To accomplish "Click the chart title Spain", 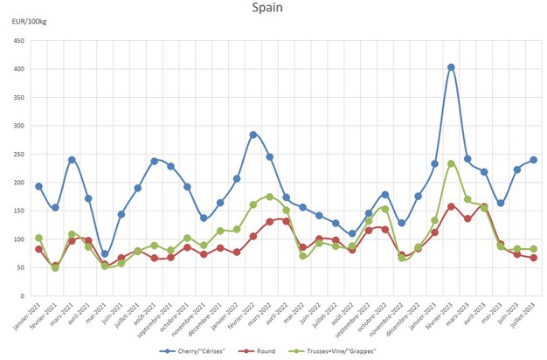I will pos(267,9).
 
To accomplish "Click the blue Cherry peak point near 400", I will pos(451,67).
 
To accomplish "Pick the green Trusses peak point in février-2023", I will pos(451,163).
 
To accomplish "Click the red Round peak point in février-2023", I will pos(451,206).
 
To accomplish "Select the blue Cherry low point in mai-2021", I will pos(105,254).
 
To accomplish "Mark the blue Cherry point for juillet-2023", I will pos(534,160).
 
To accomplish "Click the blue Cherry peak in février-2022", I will pos(253,135).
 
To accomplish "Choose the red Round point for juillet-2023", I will pos(534,258).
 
